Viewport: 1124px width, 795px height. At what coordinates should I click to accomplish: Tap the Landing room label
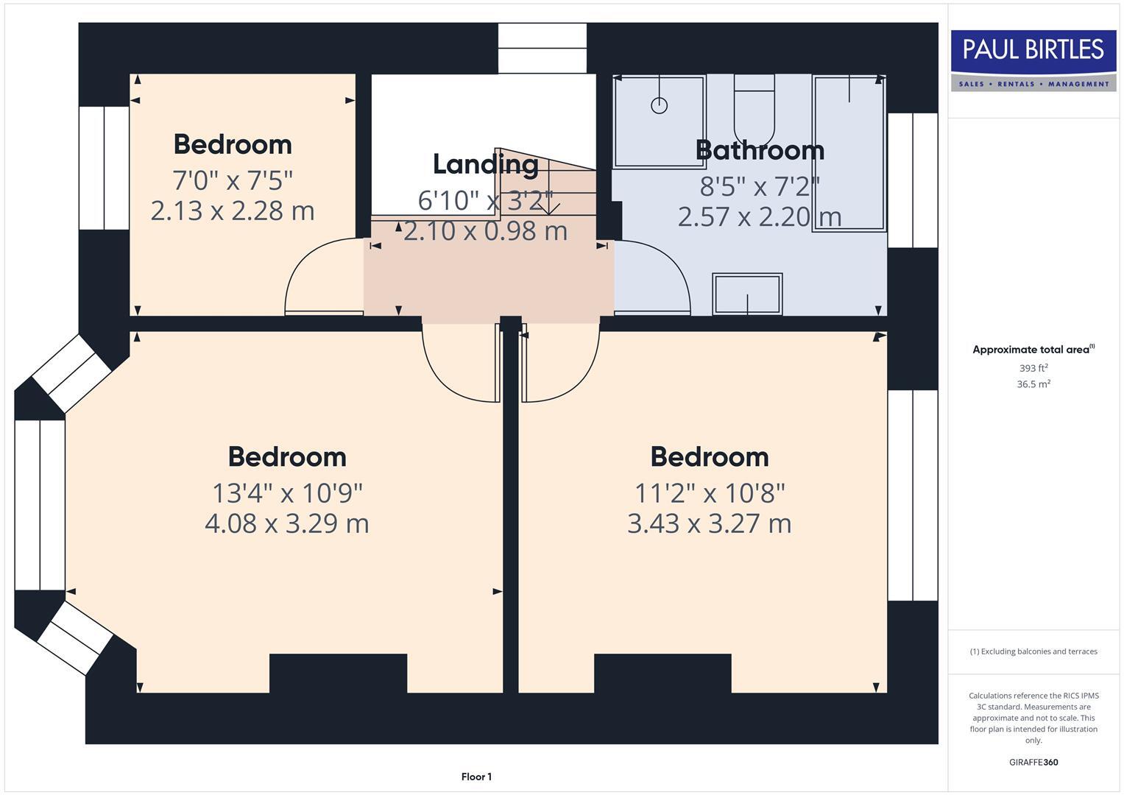coord(485,164)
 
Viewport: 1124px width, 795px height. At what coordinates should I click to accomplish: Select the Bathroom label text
coord(759,150)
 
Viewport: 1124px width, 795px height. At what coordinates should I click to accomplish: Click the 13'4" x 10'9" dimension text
coord(287,492)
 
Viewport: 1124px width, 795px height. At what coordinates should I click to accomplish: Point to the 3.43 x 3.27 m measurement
coord(709,523)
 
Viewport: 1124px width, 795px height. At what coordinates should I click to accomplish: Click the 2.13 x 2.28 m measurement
coord(233,211)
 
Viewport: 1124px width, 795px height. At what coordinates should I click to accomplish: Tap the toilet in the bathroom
coord(754,110)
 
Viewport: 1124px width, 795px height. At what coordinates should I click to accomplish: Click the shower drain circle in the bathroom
coord(659,105)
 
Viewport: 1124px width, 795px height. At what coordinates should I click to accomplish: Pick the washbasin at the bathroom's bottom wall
coord(747,294)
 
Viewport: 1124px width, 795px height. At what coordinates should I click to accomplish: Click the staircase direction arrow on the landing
coord(548,206)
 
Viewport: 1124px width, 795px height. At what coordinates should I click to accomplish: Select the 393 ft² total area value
coord(1033,368)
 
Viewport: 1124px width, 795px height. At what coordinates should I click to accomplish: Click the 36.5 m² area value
coord(1033,384)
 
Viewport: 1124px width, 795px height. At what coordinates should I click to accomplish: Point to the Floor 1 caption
coord(476,777)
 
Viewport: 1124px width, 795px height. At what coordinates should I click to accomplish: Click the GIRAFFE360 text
coord(1033,762)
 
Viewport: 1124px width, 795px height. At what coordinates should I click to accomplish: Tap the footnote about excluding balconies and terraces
coord(1033,651)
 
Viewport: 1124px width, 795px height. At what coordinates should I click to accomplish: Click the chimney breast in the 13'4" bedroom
coord(338,673)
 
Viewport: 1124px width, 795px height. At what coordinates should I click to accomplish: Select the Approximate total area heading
coord(1033,350)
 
